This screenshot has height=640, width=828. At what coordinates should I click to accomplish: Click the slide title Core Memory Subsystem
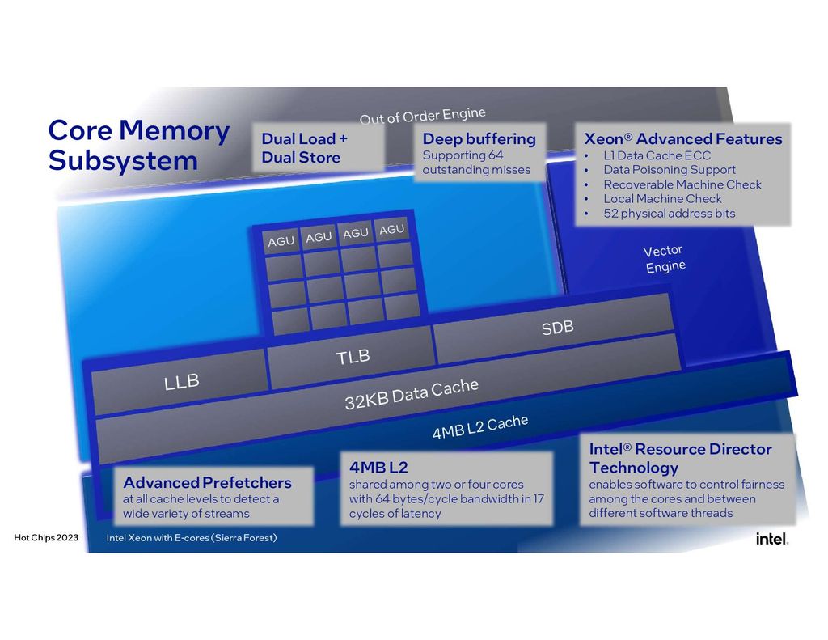[x=138, y=145]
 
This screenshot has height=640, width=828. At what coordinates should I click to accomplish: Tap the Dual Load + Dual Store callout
[x=319, y=148]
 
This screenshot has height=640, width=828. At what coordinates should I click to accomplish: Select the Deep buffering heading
[x=479, y=139]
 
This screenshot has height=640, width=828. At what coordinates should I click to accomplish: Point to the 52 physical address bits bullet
[x=669, y=214]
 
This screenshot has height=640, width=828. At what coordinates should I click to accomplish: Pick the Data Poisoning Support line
[x=669, y=170]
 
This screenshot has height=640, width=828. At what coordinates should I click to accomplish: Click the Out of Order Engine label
[x=422, y=117]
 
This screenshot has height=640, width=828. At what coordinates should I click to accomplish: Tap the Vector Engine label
[x=665, y=259]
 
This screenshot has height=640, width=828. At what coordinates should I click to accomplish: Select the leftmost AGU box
[x=281, y=241]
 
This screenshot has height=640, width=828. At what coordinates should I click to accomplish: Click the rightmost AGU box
[x=391, y=231]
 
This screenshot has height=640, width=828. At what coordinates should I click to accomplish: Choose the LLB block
[x=181, y=381]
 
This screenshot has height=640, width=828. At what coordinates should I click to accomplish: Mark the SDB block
[x=557, y=328]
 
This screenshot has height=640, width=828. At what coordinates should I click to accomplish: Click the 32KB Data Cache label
[x=411, y=395]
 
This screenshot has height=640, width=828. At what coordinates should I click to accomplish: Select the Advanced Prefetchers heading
[x=207, y=483]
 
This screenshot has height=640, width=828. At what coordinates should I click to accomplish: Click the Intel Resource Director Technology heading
[x=680, y=458]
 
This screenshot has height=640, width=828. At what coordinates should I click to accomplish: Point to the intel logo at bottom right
[x=771, y=539]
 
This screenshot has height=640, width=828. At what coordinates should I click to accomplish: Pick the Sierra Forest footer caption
[x=192, y=538]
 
